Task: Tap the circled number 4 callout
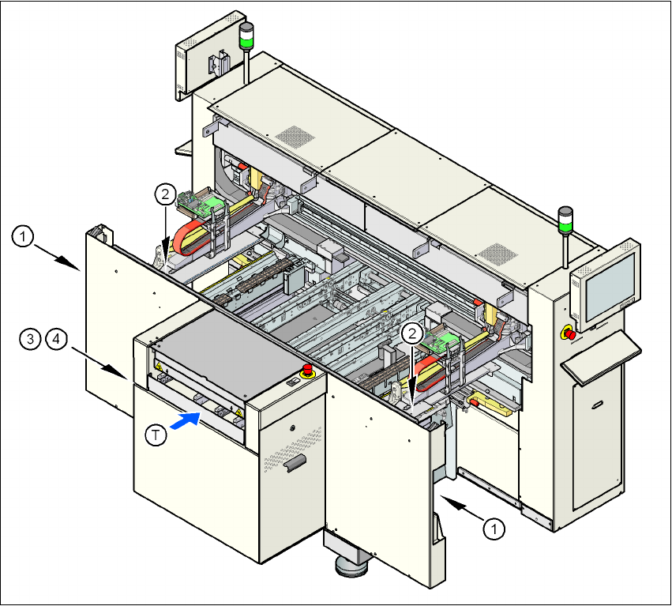click(55, 340)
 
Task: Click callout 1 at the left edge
click(24, 235)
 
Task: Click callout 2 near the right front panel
click(411, 333)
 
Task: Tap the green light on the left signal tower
click(247, 36)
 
